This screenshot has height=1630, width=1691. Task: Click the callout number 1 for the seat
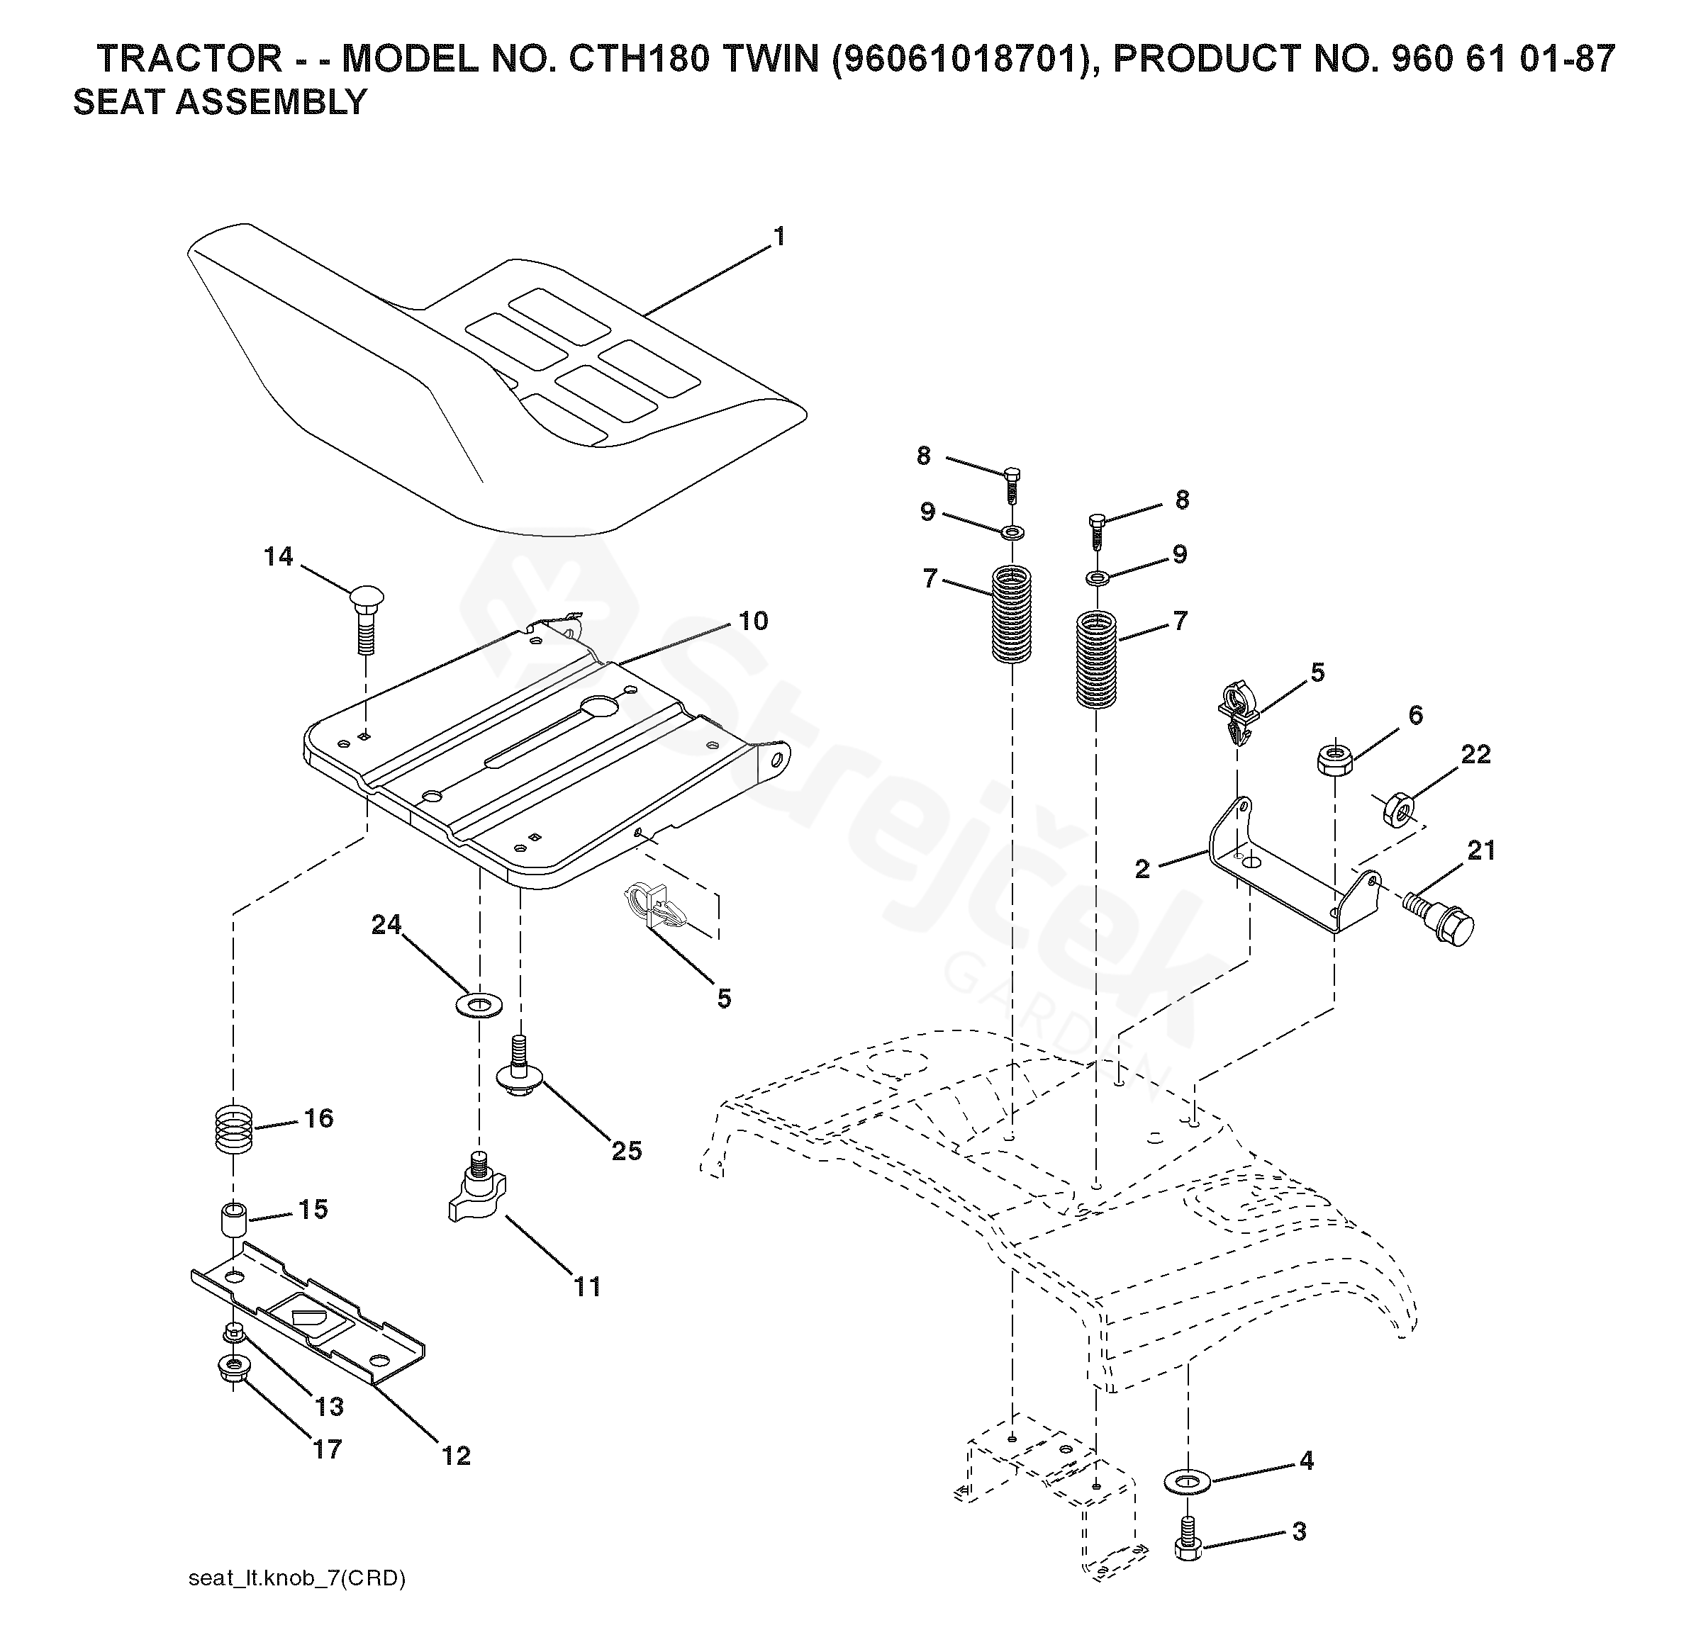pos(779,236)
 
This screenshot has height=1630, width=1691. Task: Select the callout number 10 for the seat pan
pos(753,621)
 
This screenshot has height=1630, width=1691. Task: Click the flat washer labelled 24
pos(476,1004)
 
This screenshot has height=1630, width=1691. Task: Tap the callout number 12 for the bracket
pos(457,1456)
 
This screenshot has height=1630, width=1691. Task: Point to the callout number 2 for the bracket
pos(1142,870)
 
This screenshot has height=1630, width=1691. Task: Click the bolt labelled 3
pos(1189,1544)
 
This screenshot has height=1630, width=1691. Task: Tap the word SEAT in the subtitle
pos(119,103)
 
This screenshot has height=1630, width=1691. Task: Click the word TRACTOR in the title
pos(189,59)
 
